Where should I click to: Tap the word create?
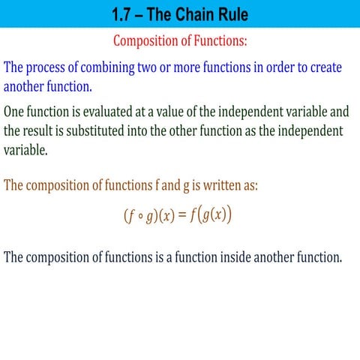coord(331,68)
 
